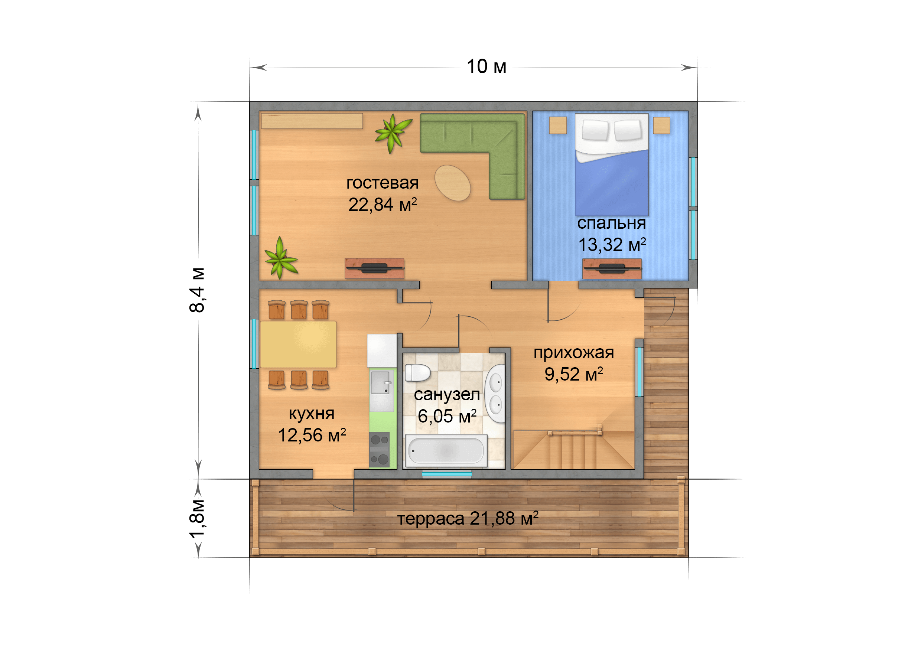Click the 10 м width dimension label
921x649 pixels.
486,66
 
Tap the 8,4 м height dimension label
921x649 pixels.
197,290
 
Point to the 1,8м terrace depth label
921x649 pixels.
197,519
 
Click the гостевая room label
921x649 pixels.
382,183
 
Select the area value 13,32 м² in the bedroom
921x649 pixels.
612,245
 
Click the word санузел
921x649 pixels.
447,395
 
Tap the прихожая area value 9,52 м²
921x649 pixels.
574,374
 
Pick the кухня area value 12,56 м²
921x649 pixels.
312,435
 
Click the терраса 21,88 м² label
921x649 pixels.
468,518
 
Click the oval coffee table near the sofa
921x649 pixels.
452,183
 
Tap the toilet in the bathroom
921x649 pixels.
417,373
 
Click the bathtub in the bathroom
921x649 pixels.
446,451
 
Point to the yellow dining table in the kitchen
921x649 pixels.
298,345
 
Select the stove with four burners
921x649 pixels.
380,449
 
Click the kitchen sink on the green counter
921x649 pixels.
381,383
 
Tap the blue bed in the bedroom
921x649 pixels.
612,164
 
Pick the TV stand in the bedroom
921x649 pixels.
612,269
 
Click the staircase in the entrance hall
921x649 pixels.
574,449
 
